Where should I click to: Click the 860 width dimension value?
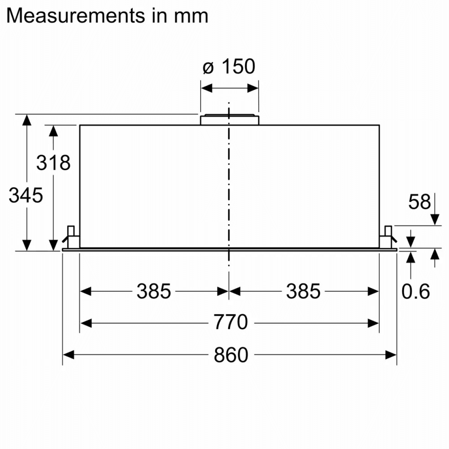231,355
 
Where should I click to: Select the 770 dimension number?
230,323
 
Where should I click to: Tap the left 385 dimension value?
154,292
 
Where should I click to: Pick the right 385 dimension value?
304,292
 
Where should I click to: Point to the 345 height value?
26,196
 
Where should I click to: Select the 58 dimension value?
419,202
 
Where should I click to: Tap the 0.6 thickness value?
415,292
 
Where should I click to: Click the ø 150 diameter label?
229,67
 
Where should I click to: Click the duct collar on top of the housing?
229,120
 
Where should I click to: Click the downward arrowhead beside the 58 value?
435,219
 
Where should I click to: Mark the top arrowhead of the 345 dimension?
27,120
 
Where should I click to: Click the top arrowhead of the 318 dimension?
54,131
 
